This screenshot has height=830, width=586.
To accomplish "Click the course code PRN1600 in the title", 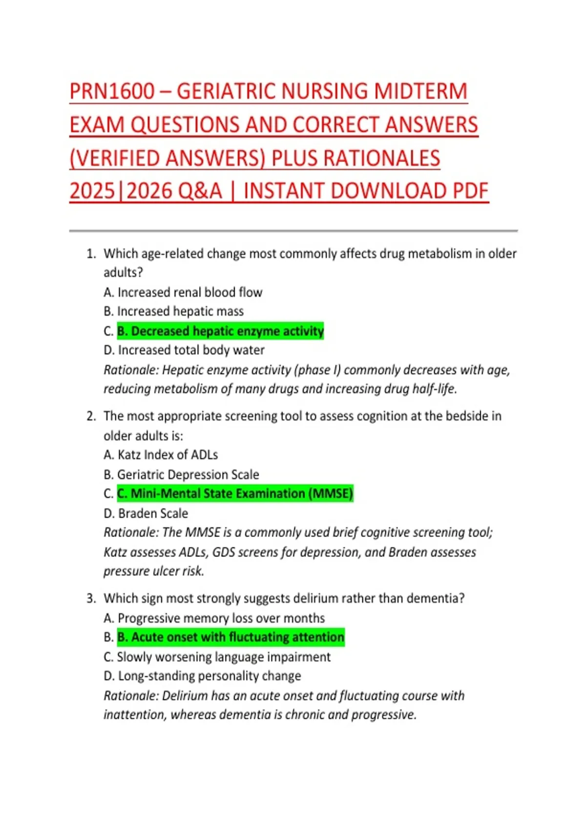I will (x=112, y=92).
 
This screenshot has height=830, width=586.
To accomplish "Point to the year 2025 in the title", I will (x=92, y=191).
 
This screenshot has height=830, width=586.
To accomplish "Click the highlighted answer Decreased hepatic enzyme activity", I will (x=220, y=331).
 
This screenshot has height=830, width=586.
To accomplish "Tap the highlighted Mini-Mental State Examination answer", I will (x=235, y=494).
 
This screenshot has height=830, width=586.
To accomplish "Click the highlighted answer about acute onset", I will (x=231, y=637).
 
